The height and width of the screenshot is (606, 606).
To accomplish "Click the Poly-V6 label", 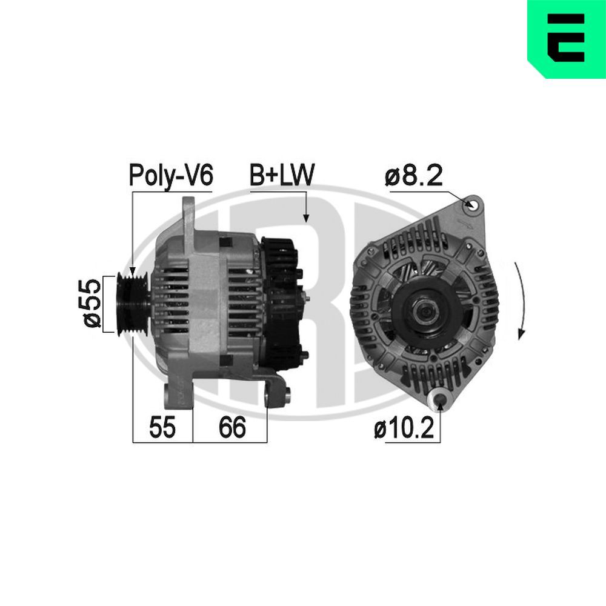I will tap(170, 176).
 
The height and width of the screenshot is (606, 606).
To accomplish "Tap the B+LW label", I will tap(282, 176).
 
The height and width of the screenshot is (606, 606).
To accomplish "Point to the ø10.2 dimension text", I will tap(404, 429).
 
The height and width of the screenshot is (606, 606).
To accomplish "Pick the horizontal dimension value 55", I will tap(162, 428).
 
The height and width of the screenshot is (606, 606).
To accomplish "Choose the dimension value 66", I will tap(233, 428).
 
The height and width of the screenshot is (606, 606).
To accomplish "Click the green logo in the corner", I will tap(566, 39).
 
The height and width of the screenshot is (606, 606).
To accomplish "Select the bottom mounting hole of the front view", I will tap(441, 399).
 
